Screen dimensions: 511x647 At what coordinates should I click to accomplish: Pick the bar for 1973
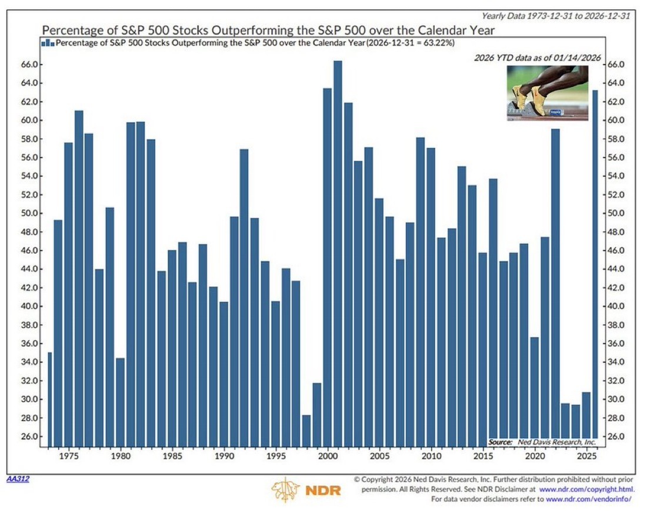[49, 399]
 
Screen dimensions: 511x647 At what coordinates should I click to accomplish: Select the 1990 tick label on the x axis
[223, 456]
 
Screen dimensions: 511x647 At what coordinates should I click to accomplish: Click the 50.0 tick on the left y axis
[31, 213]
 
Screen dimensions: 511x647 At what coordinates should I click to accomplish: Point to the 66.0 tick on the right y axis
[615, 65]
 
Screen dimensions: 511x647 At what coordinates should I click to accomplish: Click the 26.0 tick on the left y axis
[31, 436]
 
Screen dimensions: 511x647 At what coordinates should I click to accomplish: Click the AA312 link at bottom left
[18, 479]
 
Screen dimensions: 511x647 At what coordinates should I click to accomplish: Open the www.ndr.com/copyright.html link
[586, 489]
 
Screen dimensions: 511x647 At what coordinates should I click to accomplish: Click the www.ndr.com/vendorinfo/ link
[589, 499]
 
